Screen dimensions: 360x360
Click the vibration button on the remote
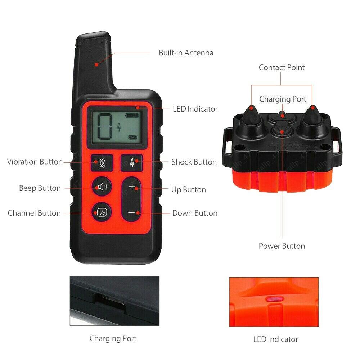pos(102,162)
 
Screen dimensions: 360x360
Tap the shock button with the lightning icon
pos(131,162)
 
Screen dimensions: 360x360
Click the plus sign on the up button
pos(132,187)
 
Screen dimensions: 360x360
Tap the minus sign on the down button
pos(132,213)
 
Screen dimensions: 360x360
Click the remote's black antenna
pos(94,61)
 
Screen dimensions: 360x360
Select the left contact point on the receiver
pos(251,119)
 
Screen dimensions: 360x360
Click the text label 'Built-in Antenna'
pos(186,53)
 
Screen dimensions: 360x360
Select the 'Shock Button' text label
pos(194,162)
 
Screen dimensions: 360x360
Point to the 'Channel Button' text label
pos(34,213)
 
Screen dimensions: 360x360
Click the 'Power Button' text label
pos(282,246)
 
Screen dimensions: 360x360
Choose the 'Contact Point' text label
pos(282,68)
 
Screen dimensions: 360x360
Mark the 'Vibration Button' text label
pos(35,162)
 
